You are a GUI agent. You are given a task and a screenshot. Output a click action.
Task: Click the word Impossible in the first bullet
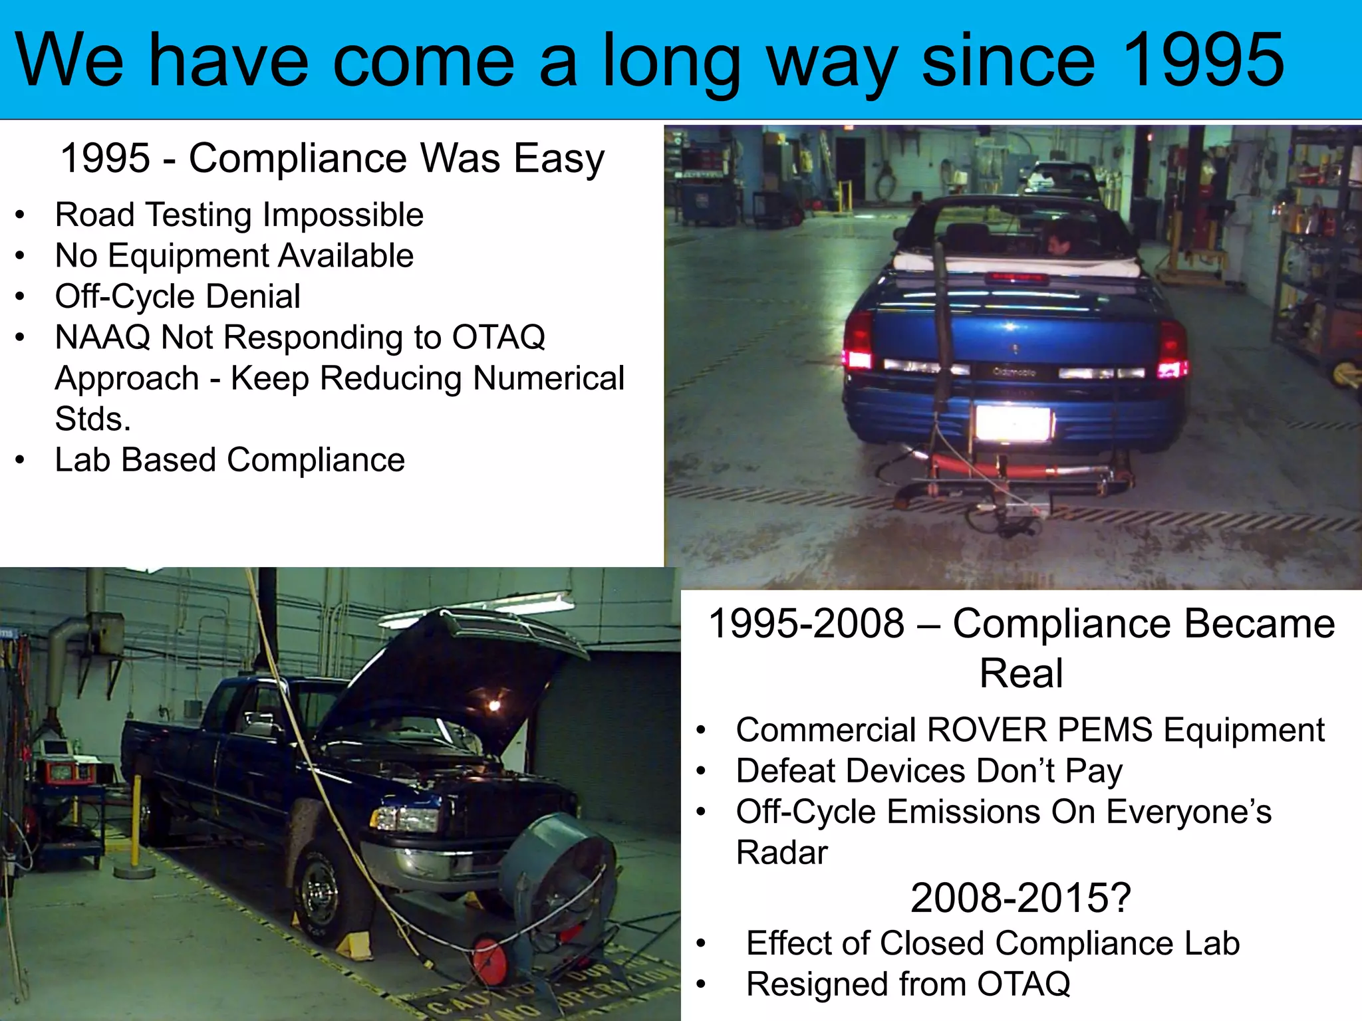pos(342,215)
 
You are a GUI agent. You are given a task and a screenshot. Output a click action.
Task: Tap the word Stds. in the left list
pos(93,419)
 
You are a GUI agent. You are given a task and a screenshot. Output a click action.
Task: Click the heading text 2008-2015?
pos(1021,897)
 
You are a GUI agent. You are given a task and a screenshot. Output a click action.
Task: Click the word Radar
pos(781,853)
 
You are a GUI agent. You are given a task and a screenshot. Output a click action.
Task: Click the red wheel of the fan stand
pos(490,961)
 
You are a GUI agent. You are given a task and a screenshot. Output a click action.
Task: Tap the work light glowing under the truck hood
pos(493,705)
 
